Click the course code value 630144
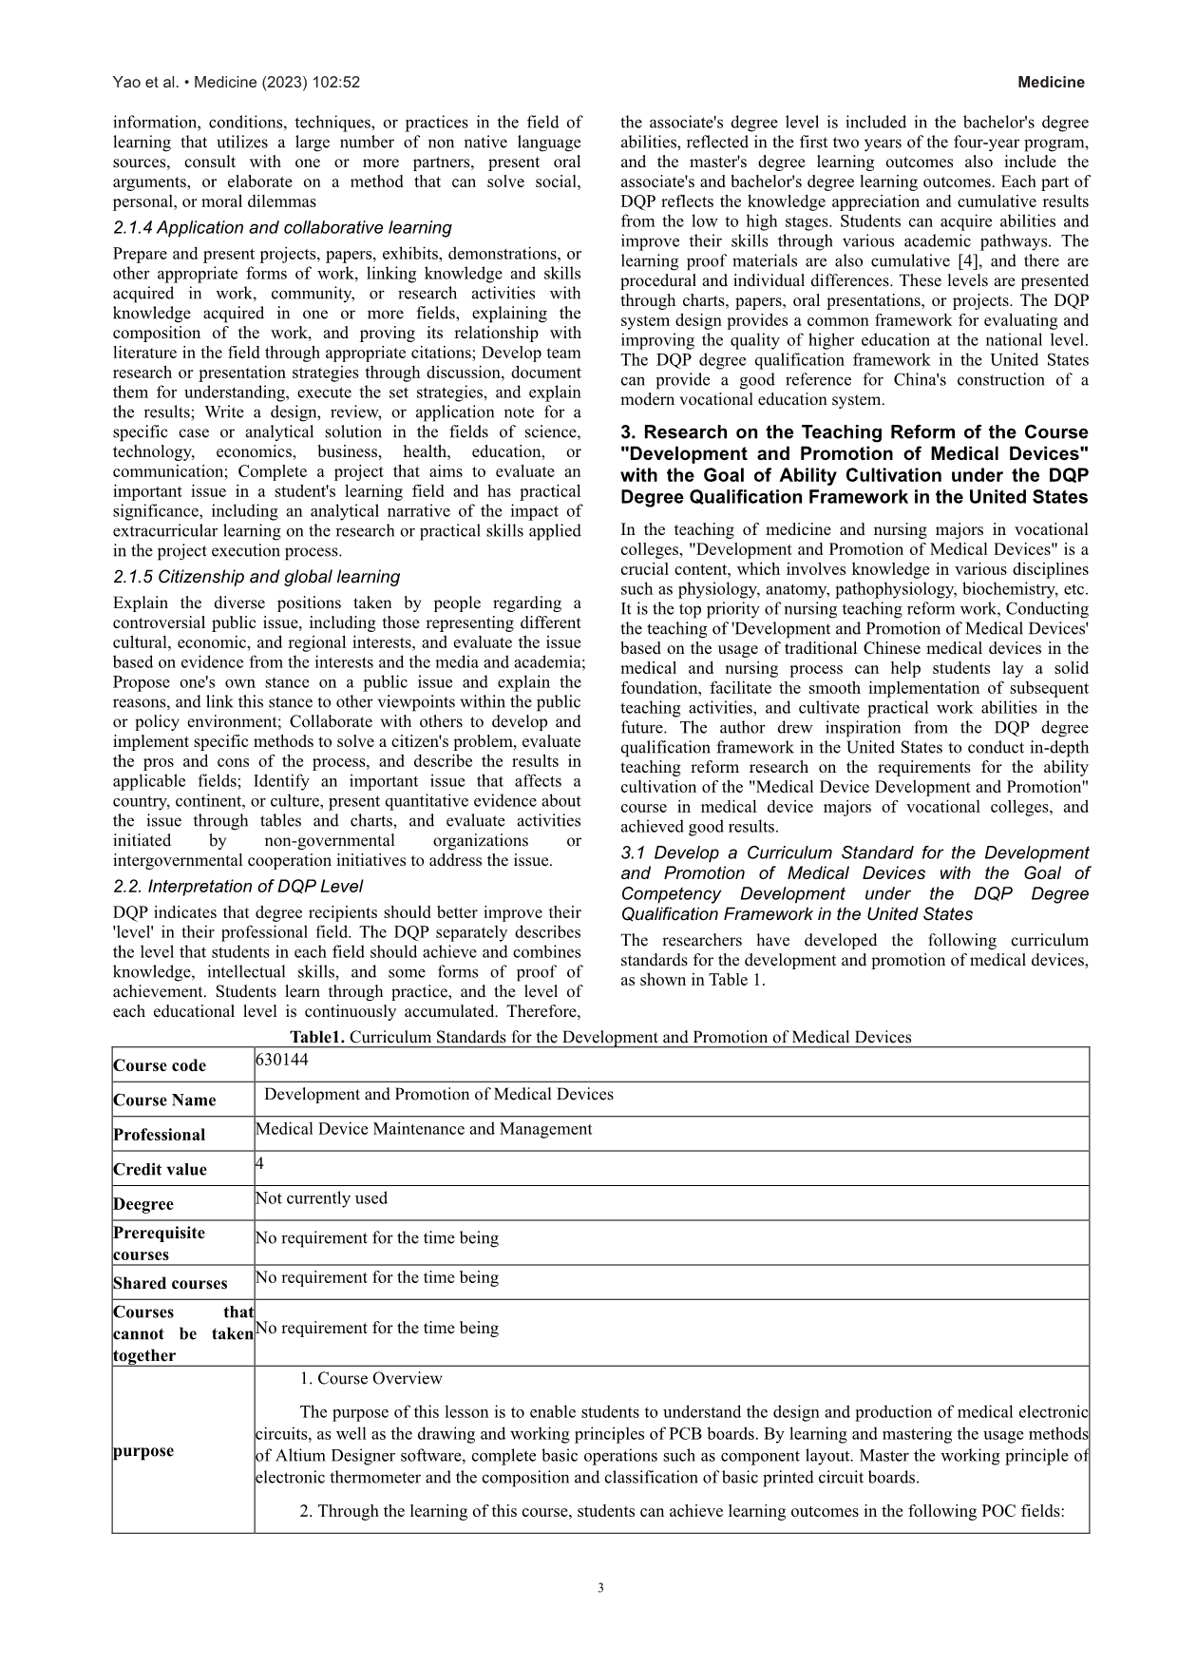(282, 1059)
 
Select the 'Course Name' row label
(164, 1100)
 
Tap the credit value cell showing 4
(259, 1163)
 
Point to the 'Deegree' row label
(143, 1203)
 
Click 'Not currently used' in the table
(321, 1198)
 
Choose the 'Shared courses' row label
(170, 1283)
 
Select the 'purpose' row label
(143, 1450)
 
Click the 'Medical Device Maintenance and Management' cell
(424, 1129)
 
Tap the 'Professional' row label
(159, 1135)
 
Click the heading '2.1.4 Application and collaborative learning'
(282, 228)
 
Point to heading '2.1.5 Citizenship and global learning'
(256, 577)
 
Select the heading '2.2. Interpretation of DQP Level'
(237, 887)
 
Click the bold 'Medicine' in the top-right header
(1051, 83)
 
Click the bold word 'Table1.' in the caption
(318, 1037)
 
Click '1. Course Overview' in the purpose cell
(370, 1378)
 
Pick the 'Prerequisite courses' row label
(159, 1243)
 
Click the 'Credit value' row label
(160, 1169)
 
